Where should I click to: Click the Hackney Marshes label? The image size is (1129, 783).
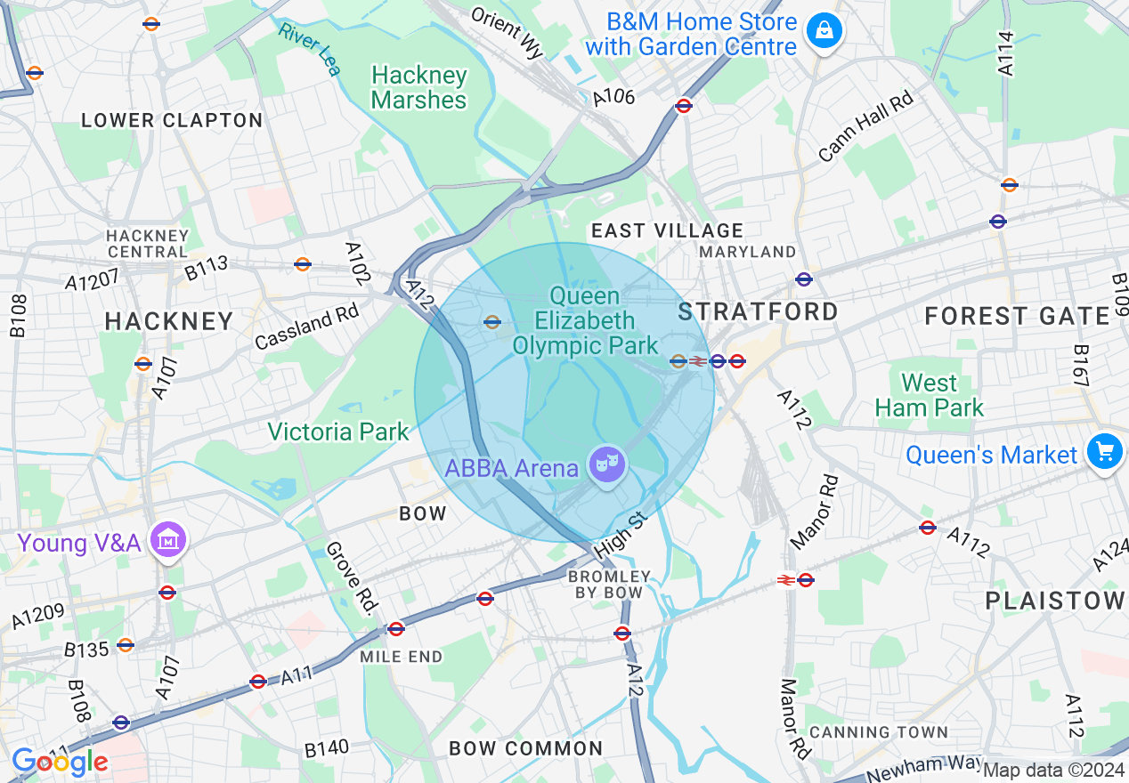pos(418,87)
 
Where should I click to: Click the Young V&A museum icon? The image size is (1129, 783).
pos(167,541)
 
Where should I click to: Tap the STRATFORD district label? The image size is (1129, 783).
pos(758,311)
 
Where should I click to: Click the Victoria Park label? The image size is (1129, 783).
pos(338,432)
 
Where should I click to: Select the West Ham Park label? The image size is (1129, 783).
pos(929,396)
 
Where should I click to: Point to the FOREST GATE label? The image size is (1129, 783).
pos(1017,316)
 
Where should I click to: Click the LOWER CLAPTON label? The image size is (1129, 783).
pos(172,120)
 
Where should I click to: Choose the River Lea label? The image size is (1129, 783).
pos(309,49)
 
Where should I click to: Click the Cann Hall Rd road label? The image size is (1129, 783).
pos(865,125)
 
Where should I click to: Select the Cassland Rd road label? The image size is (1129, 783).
pos(306,328)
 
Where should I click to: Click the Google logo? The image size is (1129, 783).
pos(60,762)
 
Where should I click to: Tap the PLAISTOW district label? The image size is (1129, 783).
pos(1055,601)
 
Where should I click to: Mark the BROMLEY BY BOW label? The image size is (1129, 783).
pos(609,585)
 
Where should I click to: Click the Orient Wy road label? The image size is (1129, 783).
pos(507,33)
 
